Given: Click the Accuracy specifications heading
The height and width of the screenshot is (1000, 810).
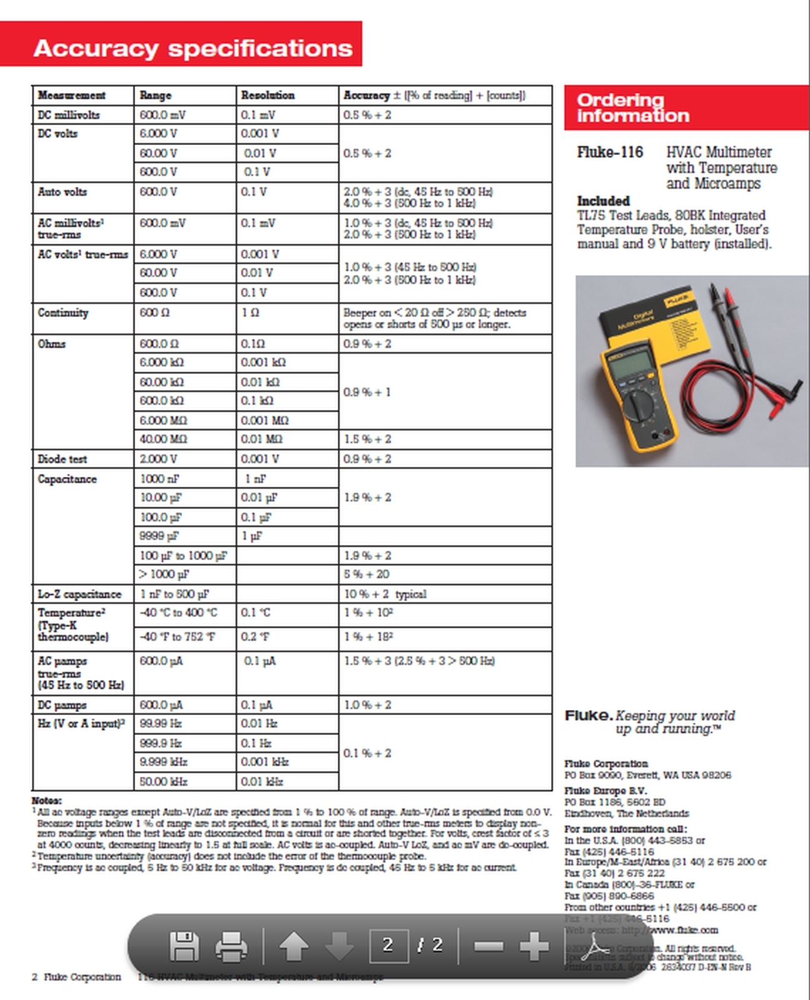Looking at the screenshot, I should pyautogui.click(x=193, y=47).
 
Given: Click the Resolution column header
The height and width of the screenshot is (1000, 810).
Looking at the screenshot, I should pyautogui.click(x=268, y=95).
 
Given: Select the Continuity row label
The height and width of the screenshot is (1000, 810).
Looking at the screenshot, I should pyautogui.click(x=63, y=312).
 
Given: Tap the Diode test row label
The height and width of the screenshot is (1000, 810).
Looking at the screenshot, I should pyautogui.click(x=63, y=459).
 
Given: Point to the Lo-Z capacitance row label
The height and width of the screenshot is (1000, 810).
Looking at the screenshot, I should pyautogui.click(x=79, y=594).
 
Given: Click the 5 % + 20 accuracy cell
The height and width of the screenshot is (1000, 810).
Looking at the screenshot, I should pyautogui.click(x=367, y=574).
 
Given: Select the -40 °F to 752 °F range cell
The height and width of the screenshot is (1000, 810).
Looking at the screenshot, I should pyautogui.click(x=178, y=637).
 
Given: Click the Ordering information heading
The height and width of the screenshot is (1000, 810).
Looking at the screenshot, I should pyautogui.click(x=633, y=108).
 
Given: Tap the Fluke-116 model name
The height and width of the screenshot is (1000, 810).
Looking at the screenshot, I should pyautogui.click(x=610, y=152).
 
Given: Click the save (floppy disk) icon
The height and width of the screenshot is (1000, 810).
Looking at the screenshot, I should pyautogui.click(x=184, y=947).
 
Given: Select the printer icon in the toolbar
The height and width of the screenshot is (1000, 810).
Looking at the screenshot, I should pyautogui.click(x=231, y=947).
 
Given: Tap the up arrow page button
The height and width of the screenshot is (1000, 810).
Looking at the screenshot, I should pyautogui.click(x=293, y=947).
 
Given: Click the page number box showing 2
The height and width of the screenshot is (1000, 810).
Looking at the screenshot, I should pyautogui.click(x=388, y=945).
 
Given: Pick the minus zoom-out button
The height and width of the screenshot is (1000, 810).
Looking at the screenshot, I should pyautogui.click(x=489, y=946).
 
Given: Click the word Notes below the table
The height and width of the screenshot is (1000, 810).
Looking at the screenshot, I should pyautogui.click(x=47, y=801).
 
